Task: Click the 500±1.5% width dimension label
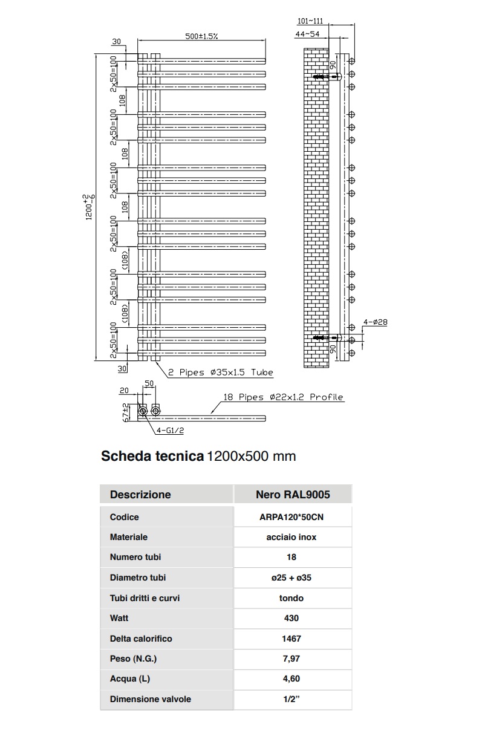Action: [x=201, y=36]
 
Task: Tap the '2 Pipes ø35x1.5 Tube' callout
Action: [x=221, y=373]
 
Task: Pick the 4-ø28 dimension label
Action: [x=375, y=322]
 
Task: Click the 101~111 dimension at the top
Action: [x=311, y=21]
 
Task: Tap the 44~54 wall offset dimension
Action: [x=307, y=34]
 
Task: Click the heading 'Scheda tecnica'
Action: [x=152, y=456]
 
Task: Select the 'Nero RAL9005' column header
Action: [x=292, y=495]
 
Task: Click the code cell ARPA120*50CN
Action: [x=292, y=518]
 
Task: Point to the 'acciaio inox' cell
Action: [x=292, y=537]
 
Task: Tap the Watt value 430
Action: [x=292, y=618]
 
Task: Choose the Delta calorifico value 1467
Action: [x=292, y=639]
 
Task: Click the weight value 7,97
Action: [x=292, y=659]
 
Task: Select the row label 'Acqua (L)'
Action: [x=130, y=679]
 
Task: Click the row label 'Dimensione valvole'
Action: [x=151, y=699]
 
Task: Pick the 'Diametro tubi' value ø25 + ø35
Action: [x=292, y=578]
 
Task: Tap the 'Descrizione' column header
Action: [x=140, y=495]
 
